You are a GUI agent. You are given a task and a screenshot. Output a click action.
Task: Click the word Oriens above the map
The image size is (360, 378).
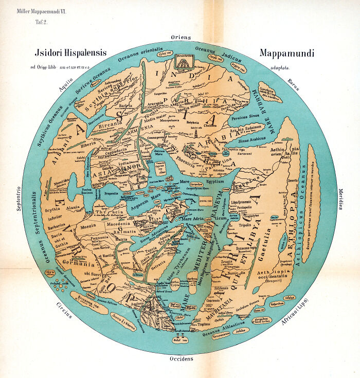tap(181, 37)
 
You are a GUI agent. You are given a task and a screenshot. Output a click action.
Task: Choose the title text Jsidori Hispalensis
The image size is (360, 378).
tap(70, 53)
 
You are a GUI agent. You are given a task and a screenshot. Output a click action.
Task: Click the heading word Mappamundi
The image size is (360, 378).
tap(286, 53)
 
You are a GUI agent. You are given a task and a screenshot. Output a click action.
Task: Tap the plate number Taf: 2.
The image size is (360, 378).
tap(41, 22)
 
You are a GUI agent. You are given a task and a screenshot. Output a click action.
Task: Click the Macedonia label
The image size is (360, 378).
tap(118, 224)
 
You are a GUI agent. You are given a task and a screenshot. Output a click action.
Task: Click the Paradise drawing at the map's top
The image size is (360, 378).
tap(182, 61)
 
